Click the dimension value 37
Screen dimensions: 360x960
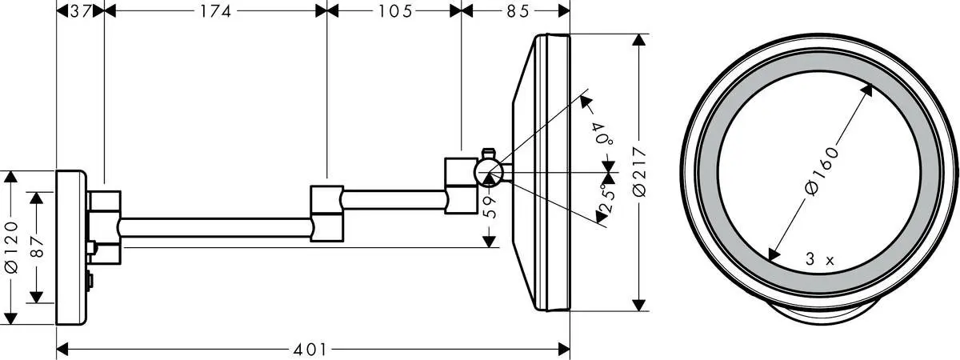pyautogui.click(x=80, y=10)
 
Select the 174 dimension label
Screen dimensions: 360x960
pyautogui.click(x=215, y=10)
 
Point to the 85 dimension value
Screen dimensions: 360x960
pyautogui.click(x=515, y=10)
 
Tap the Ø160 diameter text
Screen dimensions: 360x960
pyautogui.click(x=822, y=170)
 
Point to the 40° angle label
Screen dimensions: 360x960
pyautogui.click(x=602, y=132)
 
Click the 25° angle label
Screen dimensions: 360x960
pyautogui.click(x=606, y=196)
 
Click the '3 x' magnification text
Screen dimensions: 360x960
pyautogui.click(x=819, y=260)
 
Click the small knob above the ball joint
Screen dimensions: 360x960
pyautogui.click(x=489, y=150)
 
